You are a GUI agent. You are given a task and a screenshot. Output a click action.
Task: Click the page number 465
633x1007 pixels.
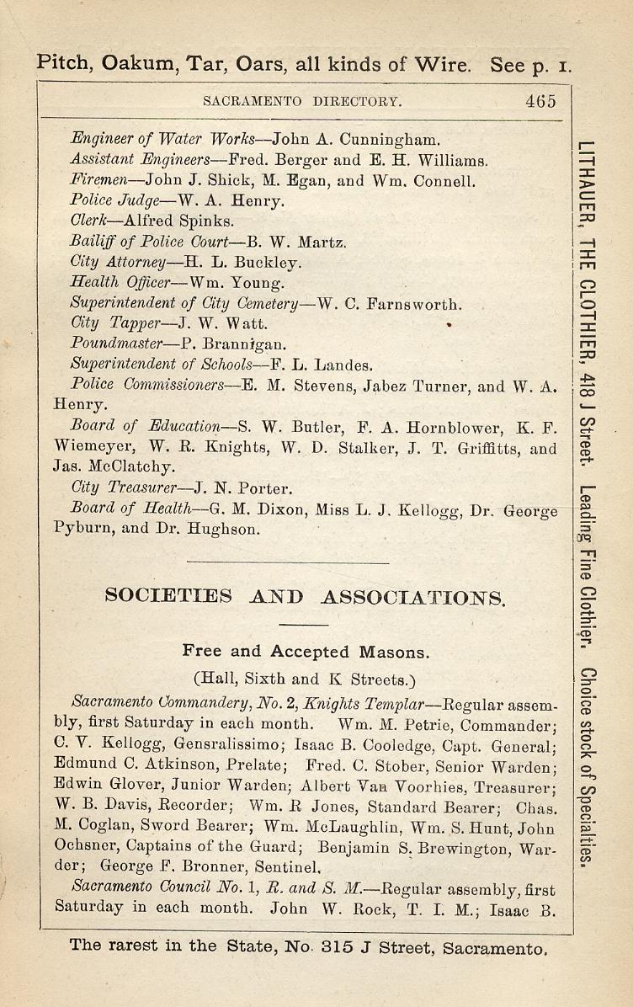pos(540,101)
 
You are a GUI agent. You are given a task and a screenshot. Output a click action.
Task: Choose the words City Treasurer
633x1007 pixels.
pos(125,488)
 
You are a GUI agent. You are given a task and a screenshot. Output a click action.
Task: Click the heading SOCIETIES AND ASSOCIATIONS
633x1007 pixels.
pos(305,598)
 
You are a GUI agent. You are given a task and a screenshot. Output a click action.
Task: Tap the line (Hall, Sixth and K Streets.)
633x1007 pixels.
pos(305,679)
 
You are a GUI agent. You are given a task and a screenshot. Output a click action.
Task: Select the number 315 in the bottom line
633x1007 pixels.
pos(341,946)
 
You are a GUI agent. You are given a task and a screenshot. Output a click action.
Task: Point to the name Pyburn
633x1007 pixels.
pos(84,530)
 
